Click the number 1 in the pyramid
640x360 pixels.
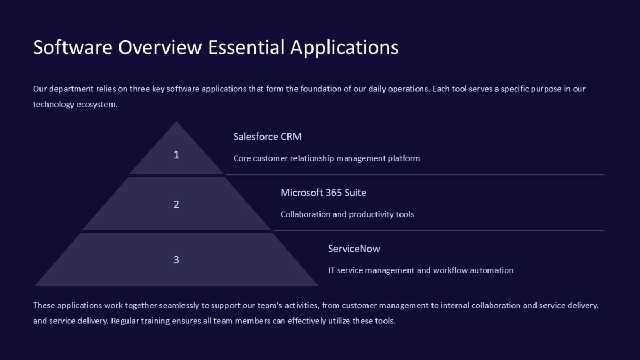click(x=177, y=155)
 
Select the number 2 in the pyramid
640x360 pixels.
click(x=177, y=204)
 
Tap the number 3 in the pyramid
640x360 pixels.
click(x=177, y=260)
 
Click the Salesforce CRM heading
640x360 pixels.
click(x=267, y=137)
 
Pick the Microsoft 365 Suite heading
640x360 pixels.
click(x=323, y=193)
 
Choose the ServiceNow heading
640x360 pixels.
click(x=354, y=249)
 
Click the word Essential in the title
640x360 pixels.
click(x=246, y=47)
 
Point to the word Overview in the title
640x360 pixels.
click(x=160, y=47)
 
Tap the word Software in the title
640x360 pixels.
click(x=73, y=47)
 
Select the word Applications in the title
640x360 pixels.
click(x=345, y=47)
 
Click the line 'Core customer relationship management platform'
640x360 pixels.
click(x=326, y=158)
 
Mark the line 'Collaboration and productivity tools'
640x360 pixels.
click(x=347, y=214)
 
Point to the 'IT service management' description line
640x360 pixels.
click(x=421, y=270)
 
